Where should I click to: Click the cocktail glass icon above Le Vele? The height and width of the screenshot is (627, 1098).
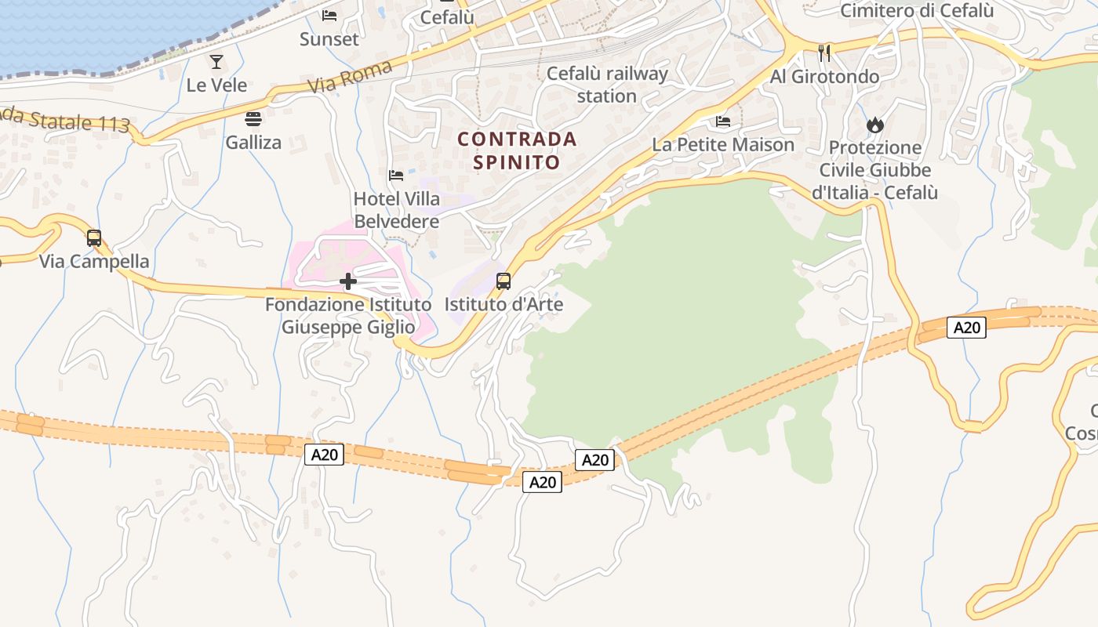click(x=216, y=61)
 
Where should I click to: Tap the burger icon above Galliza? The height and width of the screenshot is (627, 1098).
click(x=253, y=119)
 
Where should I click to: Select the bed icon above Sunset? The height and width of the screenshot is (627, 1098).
click(x=329, y=16)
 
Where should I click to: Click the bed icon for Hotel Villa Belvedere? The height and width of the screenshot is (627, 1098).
click(x=396, y=176)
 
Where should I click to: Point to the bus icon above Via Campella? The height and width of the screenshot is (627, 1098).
click(x=94, y=237)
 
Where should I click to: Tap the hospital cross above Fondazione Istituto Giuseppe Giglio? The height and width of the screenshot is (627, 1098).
click(x=348, y=281)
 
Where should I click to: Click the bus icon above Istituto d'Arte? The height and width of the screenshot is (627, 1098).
click(x=504, y=281)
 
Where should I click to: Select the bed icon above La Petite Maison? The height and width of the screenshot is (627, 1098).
click(x=723, y=121)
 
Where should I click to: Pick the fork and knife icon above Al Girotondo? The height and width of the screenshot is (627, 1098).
click(x=824, y=53)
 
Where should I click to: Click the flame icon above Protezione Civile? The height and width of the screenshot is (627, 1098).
click(x=874, y=125)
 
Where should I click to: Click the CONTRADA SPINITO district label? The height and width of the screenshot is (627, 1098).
click(x=517, y=150)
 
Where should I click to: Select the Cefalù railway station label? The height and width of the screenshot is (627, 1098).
click(x=607, y=85)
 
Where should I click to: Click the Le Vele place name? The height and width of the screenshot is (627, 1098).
click(x=216, y=85)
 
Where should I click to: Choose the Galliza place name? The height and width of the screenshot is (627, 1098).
click(x=253, y=143)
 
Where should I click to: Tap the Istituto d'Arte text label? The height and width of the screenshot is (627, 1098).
click(x=504, y=304)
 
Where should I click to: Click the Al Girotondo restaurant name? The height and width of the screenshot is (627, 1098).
click(x=824, y=76)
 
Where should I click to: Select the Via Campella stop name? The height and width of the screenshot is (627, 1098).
click(x=94, y=261)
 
